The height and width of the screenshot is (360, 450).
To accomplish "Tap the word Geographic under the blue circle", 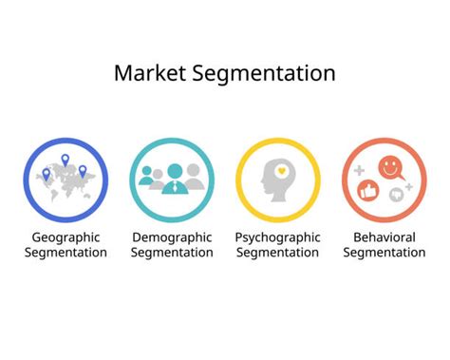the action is [x=66, y=237].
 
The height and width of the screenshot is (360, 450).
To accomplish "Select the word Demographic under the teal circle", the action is [x=172, y=237].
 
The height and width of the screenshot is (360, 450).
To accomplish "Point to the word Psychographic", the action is [x=277, y=237].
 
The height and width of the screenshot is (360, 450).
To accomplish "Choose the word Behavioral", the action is [x=384, y=237].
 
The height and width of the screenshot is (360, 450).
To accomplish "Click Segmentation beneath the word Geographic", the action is [x=66, y=253].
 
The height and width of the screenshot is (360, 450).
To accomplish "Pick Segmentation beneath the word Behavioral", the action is [x=384, y=253].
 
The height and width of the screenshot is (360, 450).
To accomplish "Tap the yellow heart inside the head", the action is [x=282, y=171].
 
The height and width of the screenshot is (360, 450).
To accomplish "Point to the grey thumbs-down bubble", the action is [x=396, y=194].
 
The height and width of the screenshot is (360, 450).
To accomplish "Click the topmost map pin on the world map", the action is [x=65, y=160].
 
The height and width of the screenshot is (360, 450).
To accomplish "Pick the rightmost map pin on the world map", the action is [x=83, y=171].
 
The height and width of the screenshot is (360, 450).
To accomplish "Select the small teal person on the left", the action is [x=147, y=177].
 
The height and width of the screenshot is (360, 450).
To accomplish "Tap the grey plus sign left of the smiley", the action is [x=360, y=171].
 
